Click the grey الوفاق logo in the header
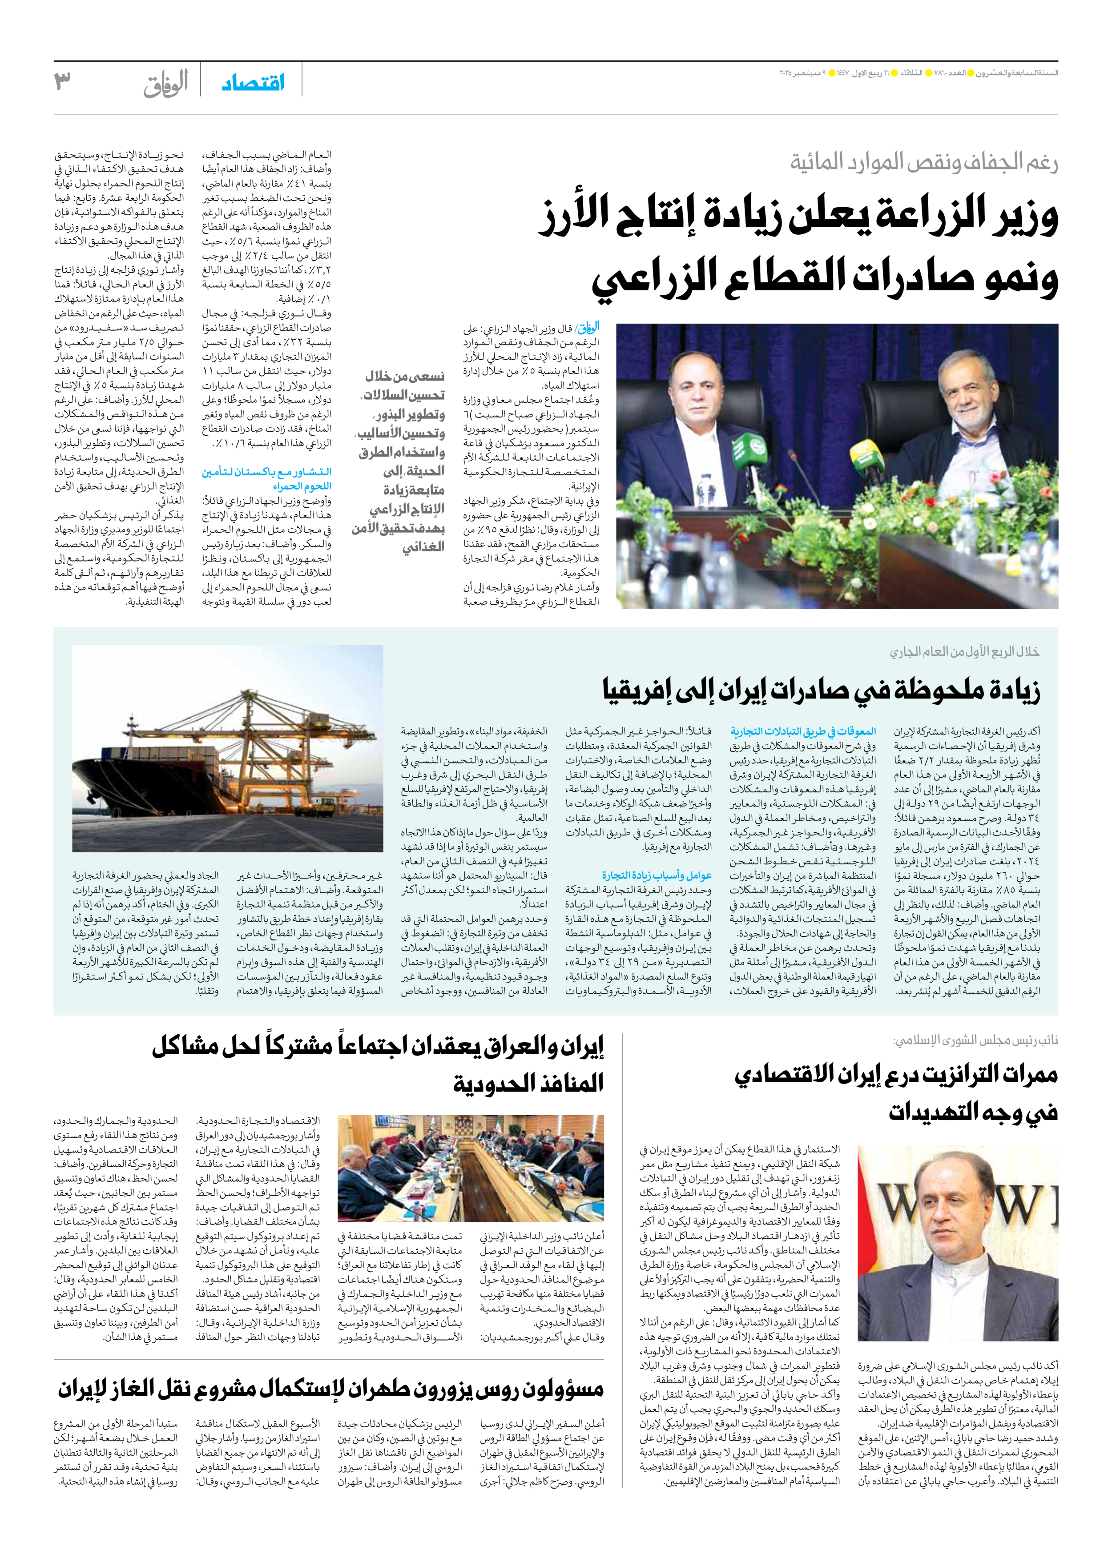(165, 84)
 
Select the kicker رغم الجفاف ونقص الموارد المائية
(923, 162)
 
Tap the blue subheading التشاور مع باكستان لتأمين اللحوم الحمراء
(266, 478)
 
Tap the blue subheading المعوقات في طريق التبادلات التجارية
(803, 731)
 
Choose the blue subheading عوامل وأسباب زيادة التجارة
(657, 875)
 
